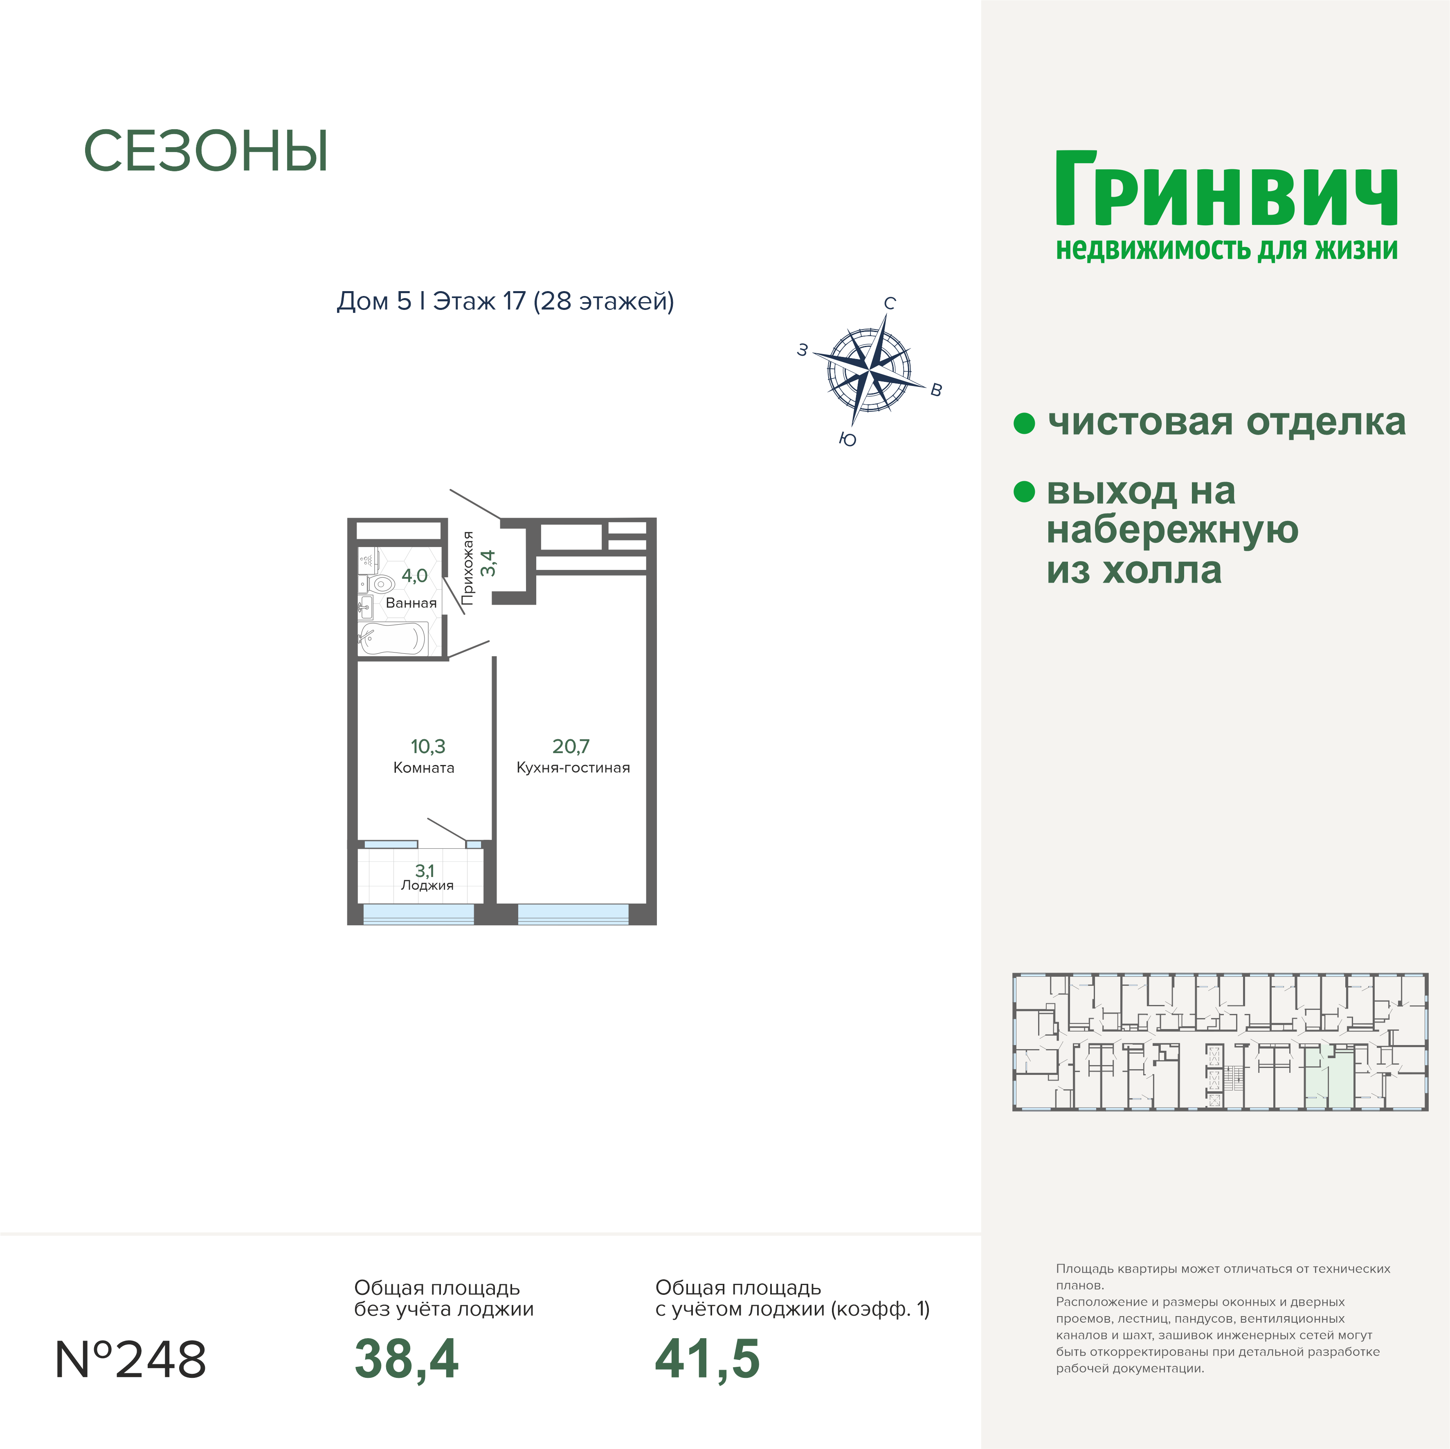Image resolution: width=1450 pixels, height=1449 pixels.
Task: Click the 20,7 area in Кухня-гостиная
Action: pyautogui.click(x=571, y=746)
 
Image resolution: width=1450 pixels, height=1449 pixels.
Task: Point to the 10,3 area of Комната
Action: pyautogui.click(x=428, y=746)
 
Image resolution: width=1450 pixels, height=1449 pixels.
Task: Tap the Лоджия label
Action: pyautogui.click(x=427, y=886)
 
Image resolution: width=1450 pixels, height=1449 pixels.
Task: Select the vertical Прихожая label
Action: pyautogui.click(x=468, y=568)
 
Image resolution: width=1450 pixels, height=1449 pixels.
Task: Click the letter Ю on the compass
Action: pyautogui.click(x=848, y=440)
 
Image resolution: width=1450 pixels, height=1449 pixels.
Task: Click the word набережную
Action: pyautogui.click(x=1172, y=530)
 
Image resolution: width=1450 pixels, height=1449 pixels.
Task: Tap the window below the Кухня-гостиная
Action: pyautogui.click(x=573, y=914)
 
